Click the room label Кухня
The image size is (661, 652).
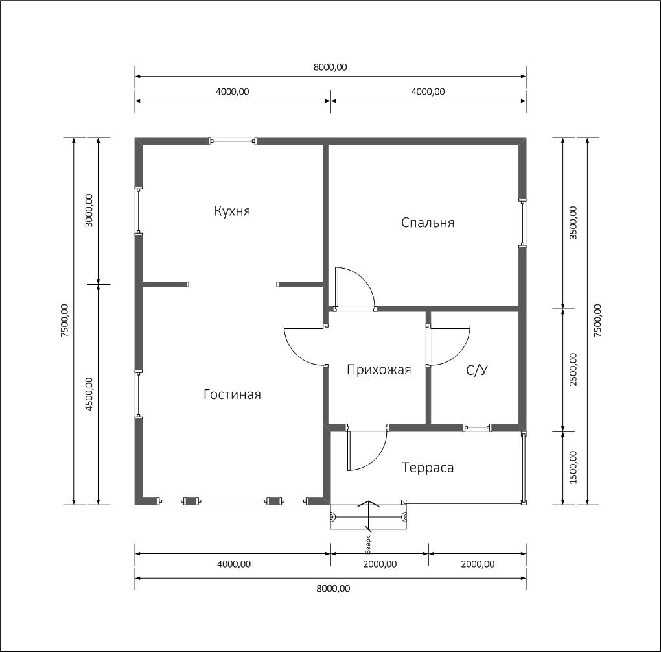pos(232,211)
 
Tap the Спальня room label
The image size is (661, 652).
pos(428,223)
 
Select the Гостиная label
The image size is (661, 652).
pos(232,394)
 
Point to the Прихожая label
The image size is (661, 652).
pos(378,370)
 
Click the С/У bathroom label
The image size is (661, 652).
pos(477,370)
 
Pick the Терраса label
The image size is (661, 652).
pos(428,468)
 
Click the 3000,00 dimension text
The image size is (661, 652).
pos(89,211)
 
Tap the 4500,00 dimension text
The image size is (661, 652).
pos(89,394)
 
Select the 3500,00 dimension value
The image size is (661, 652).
pos(574,223)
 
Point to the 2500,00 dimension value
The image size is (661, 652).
pos(574,370)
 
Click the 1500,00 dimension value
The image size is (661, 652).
pos(574,468)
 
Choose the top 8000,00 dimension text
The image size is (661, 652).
pos(330,67)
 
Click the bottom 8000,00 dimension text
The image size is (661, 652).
pos(333,588)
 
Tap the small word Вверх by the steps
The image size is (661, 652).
pos(367,544)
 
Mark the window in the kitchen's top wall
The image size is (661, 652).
pos(233,141)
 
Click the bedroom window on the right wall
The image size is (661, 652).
pos(522,223)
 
